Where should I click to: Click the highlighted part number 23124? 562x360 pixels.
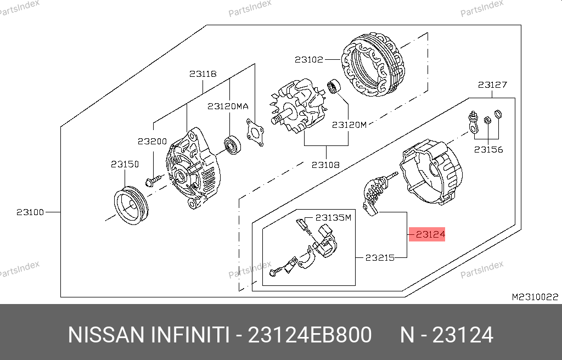430,234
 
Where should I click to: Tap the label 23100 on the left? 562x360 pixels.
30,212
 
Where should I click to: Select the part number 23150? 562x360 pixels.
125,164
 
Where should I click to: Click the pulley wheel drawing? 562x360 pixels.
131,205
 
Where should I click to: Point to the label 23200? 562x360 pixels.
153,142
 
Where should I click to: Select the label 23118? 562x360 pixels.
203,74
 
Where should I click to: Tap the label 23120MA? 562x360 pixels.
228,106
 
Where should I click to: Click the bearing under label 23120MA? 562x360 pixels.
232,145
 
